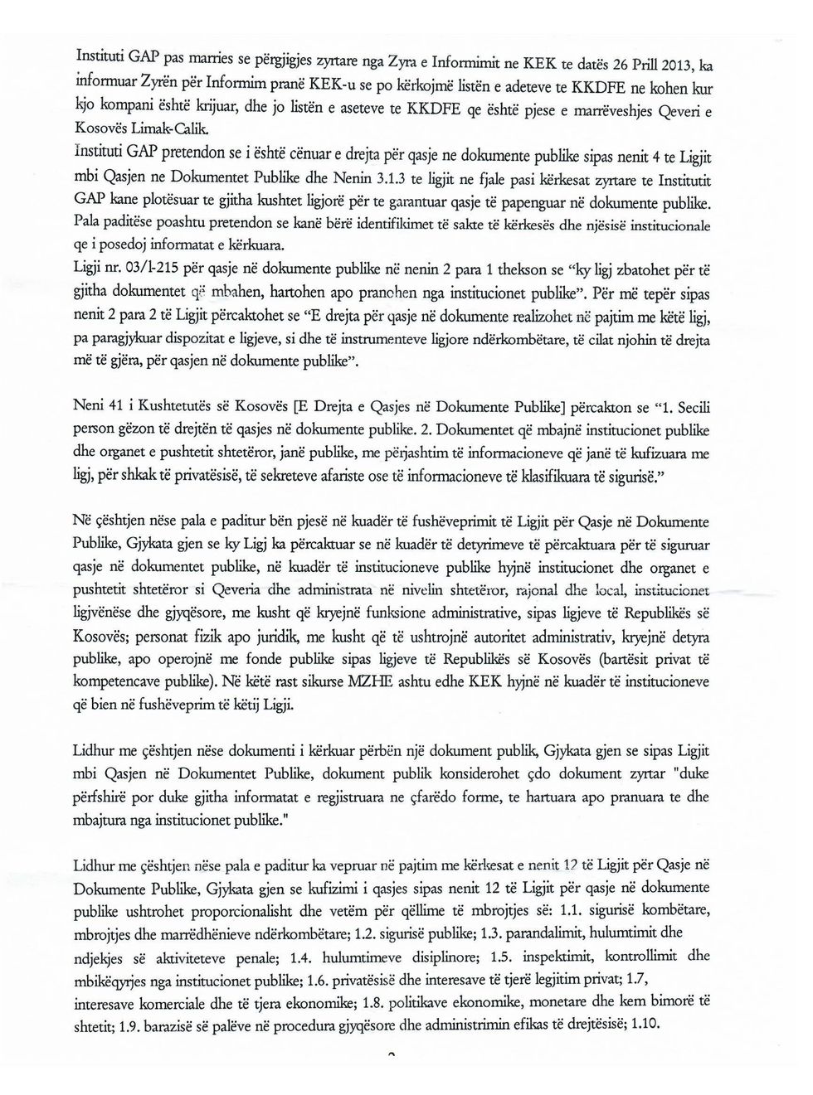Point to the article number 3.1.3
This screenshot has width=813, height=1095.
392,179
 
